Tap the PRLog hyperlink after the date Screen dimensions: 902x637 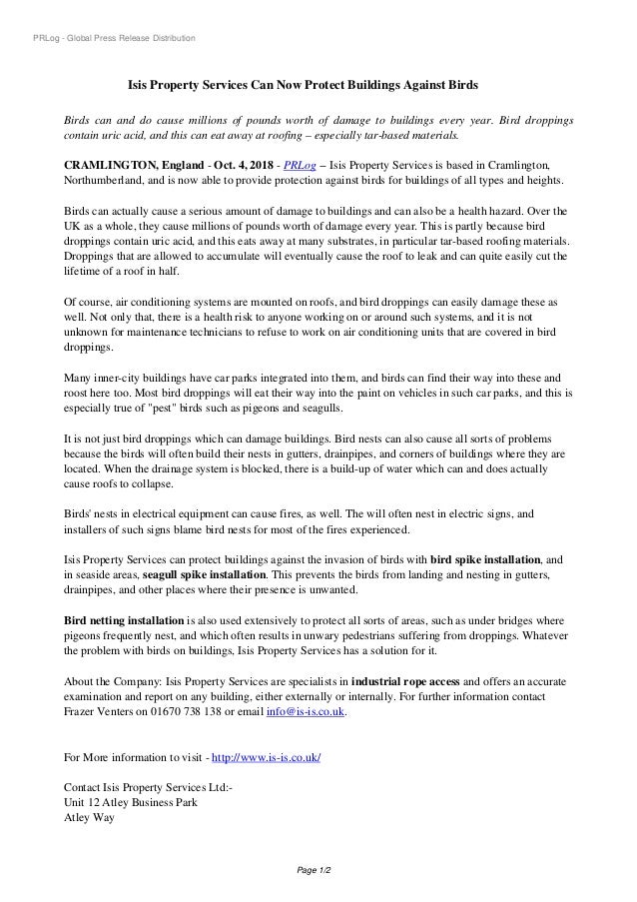[299, 163]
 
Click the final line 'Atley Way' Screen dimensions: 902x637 [89, 818]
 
